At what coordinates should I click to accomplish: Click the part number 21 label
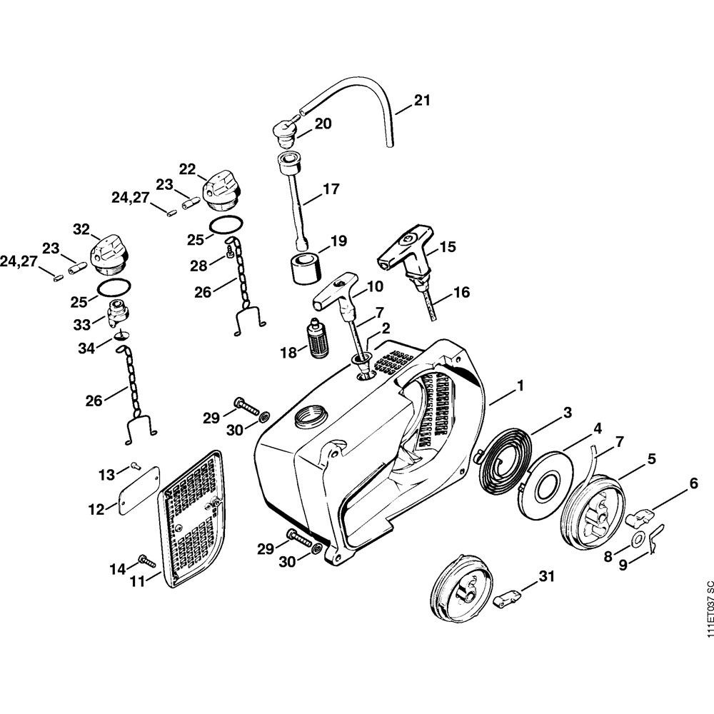422,101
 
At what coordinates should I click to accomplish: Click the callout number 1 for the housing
521,386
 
